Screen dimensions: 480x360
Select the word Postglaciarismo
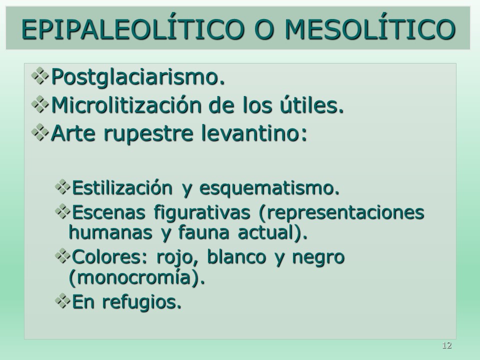point(138,77)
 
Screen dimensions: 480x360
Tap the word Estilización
point(122,187)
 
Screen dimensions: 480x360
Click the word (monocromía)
point(137,277)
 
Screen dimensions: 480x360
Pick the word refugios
point(141,302)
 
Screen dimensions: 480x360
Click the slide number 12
point(447,345)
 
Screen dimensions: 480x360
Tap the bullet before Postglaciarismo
point(40,76)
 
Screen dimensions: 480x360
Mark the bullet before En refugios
point(63,300)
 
